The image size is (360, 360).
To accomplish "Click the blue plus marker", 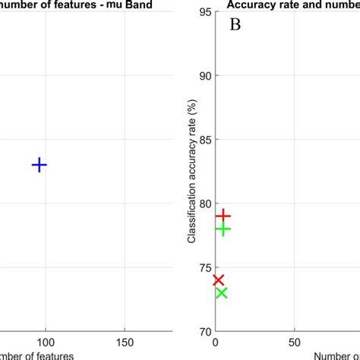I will tap(39, 165).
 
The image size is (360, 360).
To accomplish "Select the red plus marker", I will tap(223, 216).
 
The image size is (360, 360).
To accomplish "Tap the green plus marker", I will tap(223, 229).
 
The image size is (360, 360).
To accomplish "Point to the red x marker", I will tap(219, 280).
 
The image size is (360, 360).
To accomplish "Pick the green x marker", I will tap(221, 293).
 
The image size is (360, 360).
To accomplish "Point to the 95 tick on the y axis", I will tap(204, 12).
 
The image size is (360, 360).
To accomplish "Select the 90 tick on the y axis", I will tap(204, 76).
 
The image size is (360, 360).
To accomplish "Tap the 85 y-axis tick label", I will tap(204, 140).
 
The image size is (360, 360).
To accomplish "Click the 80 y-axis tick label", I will tap(204, 204).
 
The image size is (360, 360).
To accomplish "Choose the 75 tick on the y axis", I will tap(204, 267).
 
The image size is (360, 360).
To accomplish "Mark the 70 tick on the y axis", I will tap(204, 331).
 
